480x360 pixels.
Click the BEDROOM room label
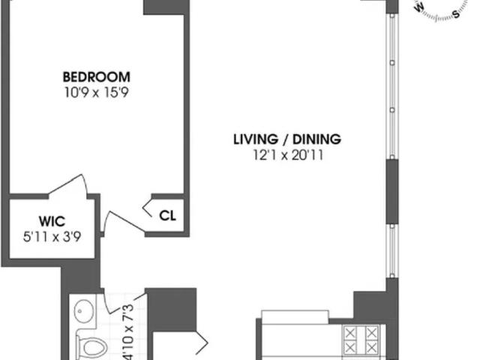[x=97, y=76]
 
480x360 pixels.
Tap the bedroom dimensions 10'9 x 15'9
[x=97, y=92]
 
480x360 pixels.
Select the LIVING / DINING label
[x=287, y=139]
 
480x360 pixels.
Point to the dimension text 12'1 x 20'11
[x=288, y=155]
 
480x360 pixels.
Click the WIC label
[x=52, y=221]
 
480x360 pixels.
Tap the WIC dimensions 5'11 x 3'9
[x=52, y=237]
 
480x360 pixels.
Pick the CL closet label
[x=167, y=216]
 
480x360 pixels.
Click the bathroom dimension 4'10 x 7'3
[x=128, y=331]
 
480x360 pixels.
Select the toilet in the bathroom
[x=91, y=347]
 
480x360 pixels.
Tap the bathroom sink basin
[x=83, y=311]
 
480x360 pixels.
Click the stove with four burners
[x=361, y=340]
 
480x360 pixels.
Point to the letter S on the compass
[x=456, y=14]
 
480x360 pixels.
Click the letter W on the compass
[x=419, y=8]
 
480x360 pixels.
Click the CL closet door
[x=148, y=208]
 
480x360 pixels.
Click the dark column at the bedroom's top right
[x=166, y=7]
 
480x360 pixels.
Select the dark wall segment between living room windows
[x=392, y=192]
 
